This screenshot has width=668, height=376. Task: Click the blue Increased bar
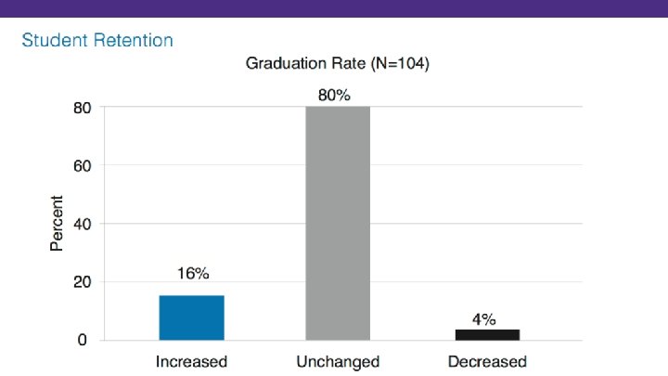192,318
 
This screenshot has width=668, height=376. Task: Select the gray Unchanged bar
338,224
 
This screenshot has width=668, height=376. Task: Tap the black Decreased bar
487,334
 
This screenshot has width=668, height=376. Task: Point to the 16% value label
193,273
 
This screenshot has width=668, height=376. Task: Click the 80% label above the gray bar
334,95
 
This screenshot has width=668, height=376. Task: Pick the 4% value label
484,319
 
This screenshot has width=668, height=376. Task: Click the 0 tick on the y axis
83,340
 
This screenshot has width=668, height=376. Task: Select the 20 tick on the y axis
83,282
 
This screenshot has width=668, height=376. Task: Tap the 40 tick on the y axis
83,224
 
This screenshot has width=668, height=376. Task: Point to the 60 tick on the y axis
83,166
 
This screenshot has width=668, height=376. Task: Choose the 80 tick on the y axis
83,108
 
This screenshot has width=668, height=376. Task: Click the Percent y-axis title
57,223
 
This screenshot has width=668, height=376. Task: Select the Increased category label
191,361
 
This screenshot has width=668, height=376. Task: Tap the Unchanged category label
338,361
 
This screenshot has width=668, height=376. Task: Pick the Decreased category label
487,361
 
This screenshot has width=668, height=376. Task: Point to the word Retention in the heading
134,40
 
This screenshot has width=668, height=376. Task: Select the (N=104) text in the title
400,63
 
